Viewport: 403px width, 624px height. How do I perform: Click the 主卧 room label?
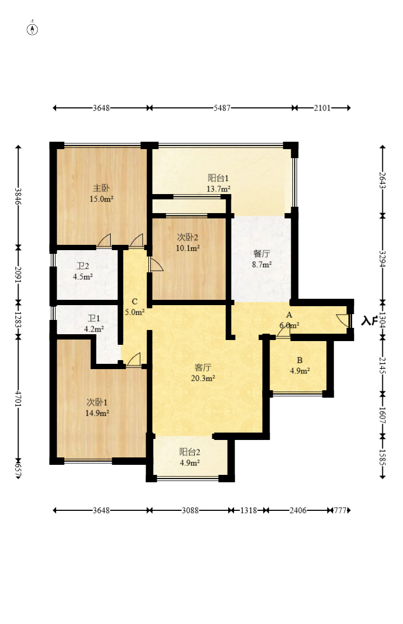point(101,188)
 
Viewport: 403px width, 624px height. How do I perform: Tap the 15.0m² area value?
point(101,199)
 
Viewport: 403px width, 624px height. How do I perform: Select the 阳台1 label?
point(218,178)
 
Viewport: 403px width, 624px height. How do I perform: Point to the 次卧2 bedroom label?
point(188,237)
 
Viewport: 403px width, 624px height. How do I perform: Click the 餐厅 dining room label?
point(262,253)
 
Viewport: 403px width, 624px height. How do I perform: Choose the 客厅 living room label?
point(203,368)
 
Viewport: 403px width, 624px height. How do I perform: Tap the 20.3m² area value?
point(203,378)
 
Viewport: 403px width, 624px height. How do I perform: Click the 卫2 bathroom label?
point(83,266)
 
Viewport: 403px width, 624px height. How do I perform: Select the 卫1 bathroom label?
point(94,318)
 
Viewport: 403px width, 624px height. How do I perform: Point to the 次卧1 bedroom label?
point(97,402)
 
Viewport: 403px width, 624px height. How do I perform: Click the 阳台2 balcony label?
point(190,452)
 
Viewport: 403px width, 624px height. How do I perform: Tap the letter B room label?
point(300,360)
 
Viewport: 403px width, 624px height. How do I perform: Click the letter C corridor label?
point(135,301)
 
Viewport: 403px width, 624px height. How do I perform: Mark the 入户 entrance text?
point(370,321)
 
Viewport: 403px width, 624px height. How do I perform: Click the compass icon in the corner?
point(32,29)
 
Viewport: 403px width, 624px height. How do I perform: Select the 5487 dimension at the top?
point(222,108)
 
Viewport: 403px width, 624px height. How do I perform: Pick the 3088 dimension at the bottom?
point(190,510)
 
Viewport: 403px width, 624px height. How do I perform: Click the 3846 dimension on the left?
point(18,196)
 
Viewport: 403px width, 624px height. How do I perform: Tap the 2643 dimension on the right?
point(383,180)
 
